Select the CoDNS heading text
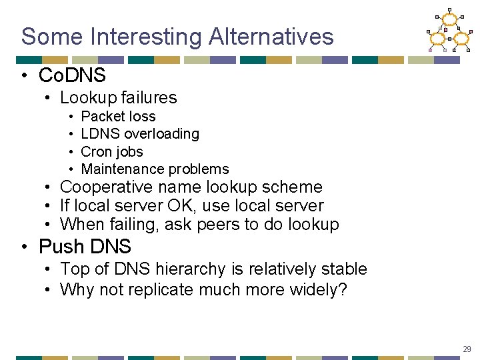pyautogui.click(x=72, y=75)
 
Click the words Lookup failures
pyautogui.click(x=118, y=97)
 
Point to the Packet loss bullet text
pyautogui.click(x=118, y=116)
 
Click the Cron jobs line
pyautogui.click(x=111, y=151)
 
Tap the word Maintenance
pyautogui.click(x=122, y=169)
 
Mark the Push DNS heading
pyautogui.click(x=85, y=247)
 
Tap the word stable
pyautogui.click(x=345, y=269)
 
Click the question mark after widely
pyautogui.click(x=343, y=290)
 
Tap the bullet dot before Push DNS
pyautogui.click(x=24, y=247)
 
